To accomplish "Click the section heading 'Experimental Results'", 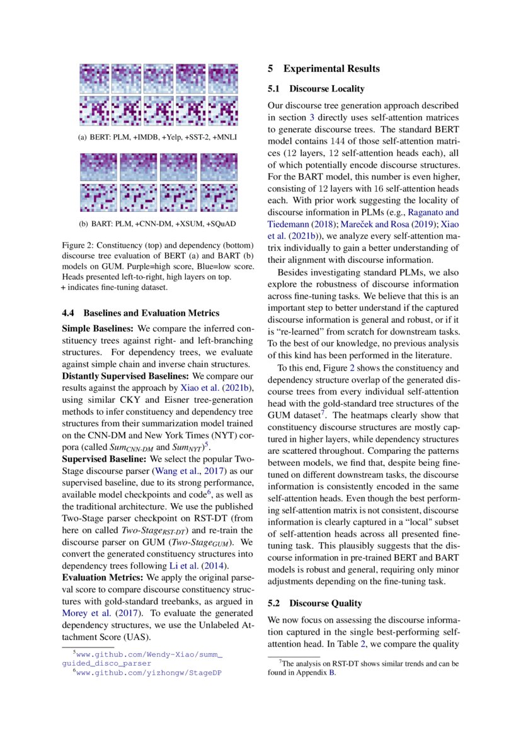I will tap(331, 69).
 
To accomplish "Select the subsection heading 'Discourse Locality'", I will tap(326, 89).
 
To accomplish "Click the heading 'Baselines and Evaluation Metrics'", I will tap(151, 313).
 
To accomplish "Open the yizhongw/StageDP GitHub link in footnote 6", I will tap(149, 673).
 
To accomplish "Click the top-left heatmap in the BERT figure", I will tap(94, 79).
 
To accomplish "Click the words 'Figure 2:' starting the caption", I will tap(79, 246).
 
